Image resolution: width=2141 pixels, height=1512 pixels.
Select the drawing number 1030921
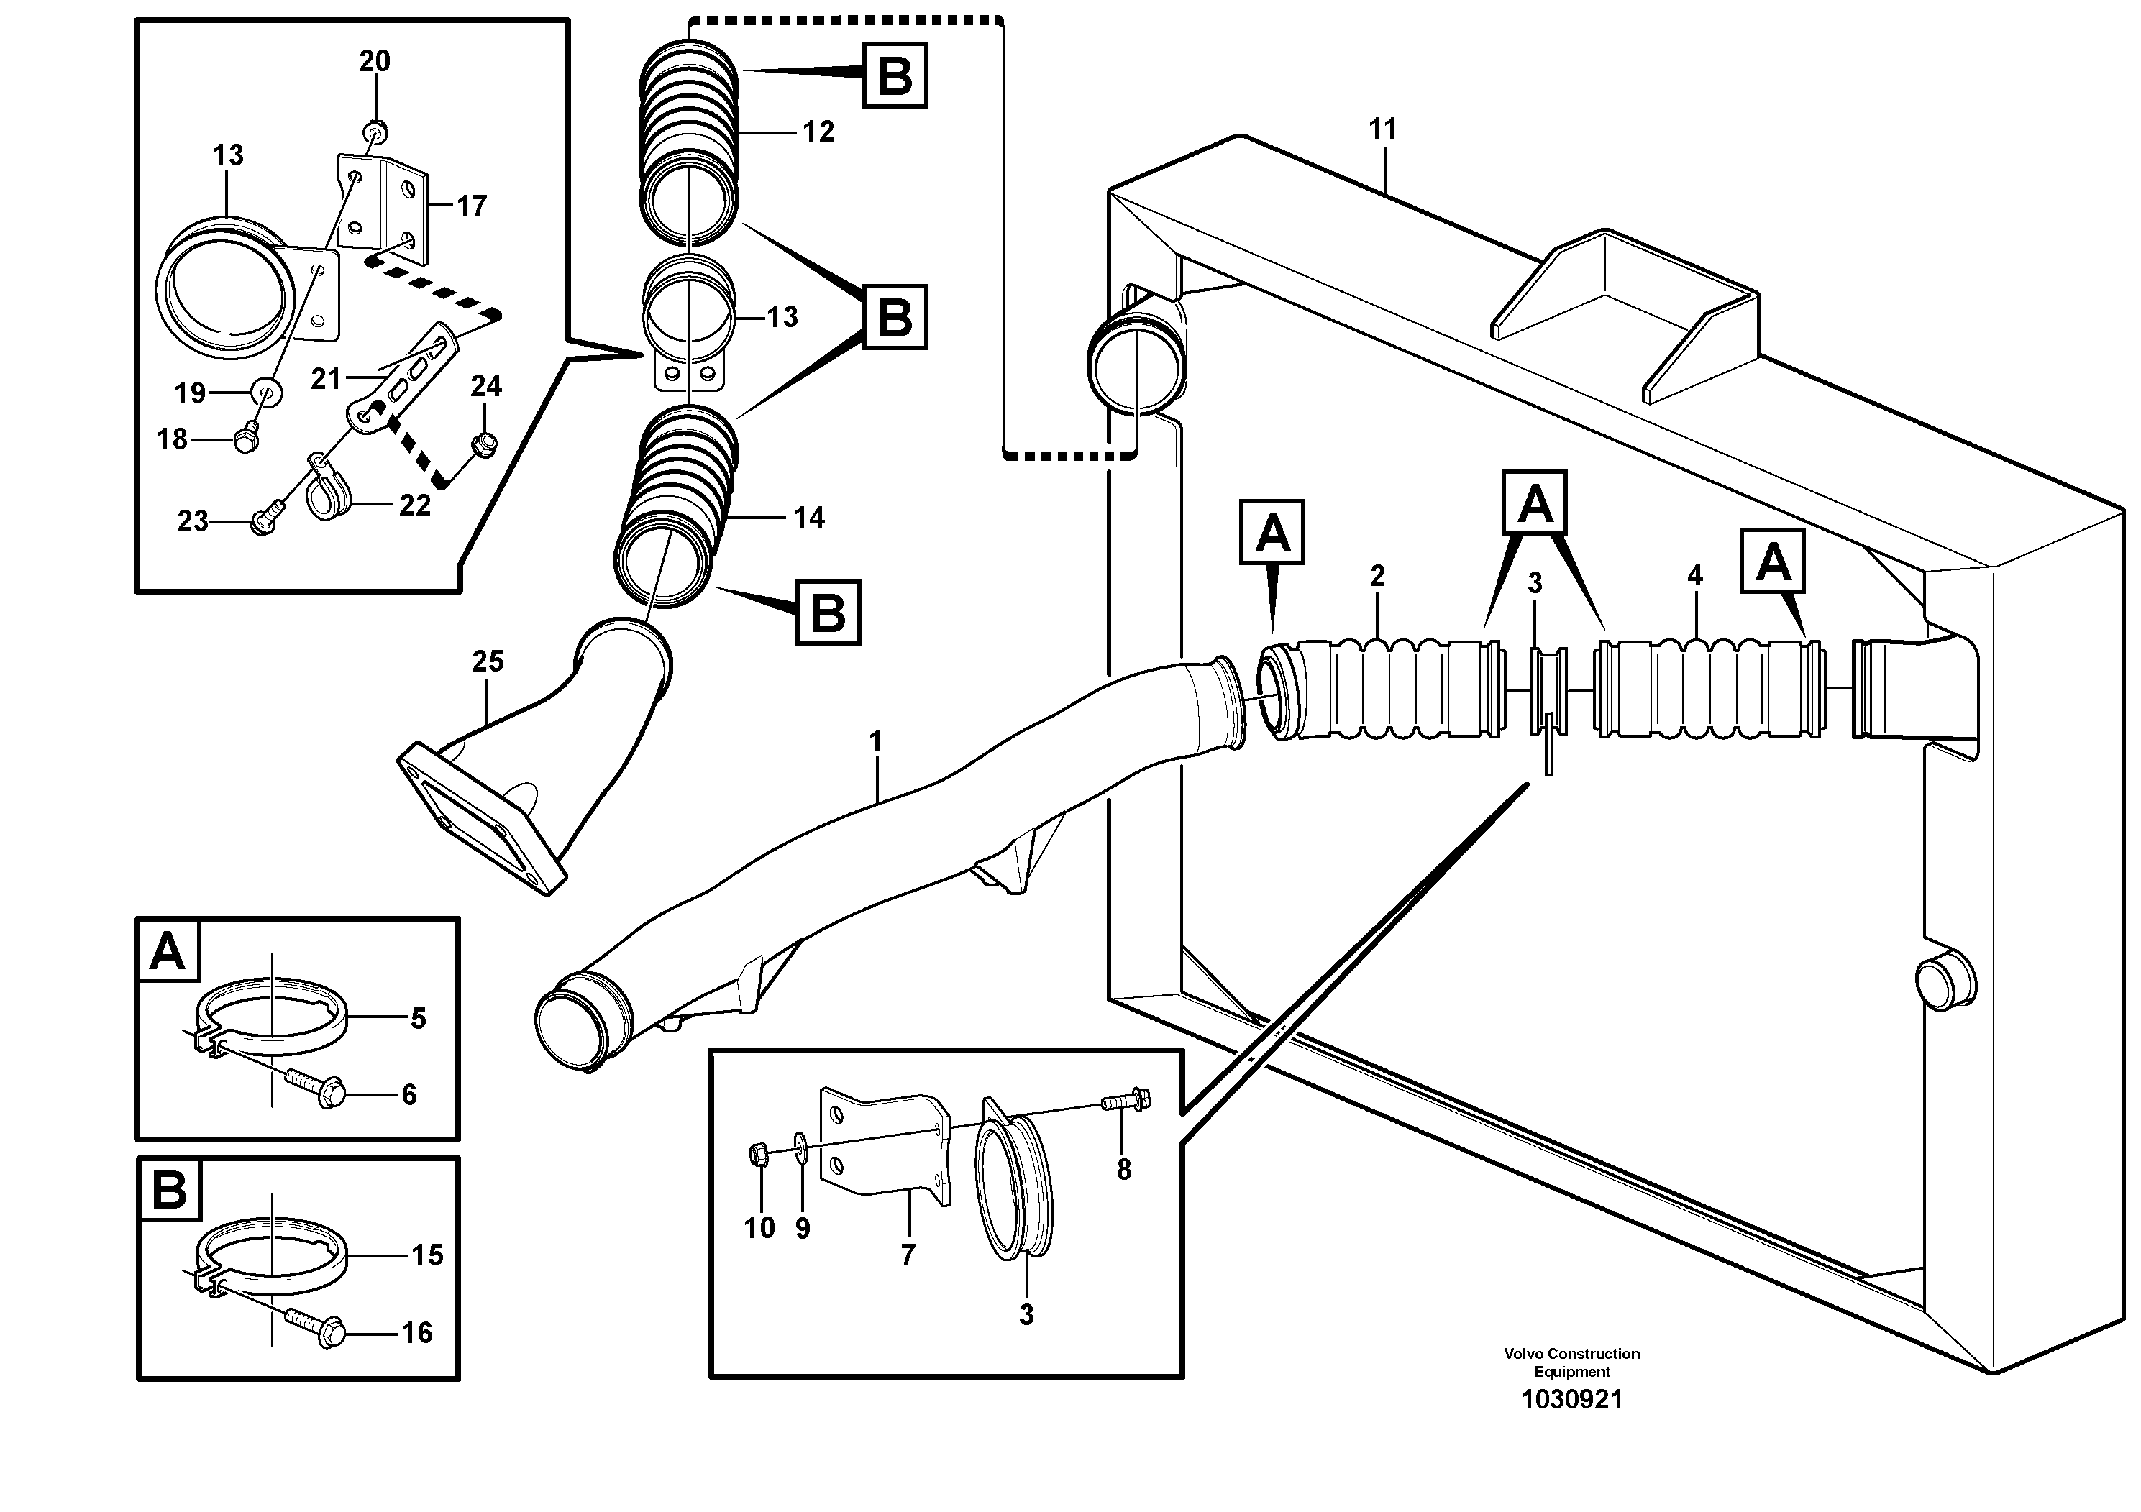point(1571,1399)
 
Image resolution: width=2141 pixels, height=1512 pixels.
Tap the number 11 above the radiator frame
point(1382,129)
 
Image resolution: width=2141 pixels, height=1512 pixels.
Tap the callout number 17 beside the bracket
point(471,206)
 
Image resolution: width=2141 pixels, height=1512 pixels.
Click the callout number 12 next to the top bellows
point(818,132)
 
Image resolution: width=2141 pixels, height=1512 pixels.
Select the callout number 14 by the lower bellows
point(808,518)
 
